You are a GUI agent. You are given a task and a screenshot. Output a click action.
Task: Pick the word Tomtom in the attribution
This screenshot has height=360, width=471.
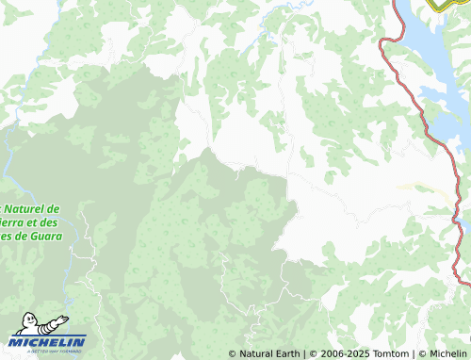[x=388, y=354]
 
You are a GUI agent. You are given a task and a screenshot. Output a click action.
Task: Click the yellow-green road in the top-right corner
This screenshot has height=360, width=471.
[x=437, y=5]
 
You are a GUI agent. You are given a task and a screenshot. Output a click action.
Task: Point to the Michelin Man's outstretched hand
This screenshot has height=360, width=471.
[x=64, y=318]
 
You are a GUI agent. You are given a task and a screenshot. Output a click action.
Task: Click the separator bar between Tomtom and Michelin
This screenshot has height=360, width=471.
[x=413, y=354]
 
